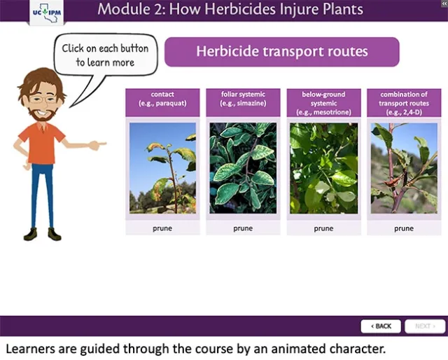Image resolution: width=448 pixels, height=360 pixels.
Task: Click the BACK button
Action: pos(381,326)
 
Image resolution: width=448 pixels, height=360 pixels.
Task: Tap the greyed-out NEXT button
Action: pos(424,326)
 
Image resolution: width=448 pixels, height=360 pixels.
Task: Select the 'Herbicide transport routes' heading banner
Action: pos(281,52)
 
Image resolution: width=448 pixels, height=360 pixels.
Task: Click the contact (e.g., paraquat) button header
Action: pos(162,102)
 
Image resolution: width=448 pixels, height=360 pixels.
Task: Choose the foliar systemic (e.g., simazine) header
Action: pos(243,102)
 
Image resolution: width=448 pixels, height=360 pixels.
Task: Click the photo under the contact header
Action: pos(162,168)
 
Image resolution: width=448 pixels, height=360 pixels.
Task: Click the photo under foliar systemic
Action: pos(243,168)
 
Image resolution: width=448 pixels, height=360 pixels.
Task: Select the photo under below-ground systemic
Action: pos(323,168)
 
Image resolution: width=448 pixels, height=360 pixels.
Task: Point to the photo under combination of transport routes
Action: pos(404,168)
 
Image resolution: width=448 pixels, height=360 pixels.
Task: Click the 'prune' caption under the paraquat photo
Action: pos(162,228)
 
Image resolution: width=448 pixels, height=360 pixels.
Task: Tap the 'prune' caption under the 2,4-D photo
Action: pos(404,228)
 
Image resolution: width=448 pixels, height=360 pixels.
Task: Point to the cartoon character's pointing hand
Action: pos(98,145)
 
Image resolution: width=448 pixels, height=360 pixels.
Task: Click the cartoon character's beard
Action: pos(40,112)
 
